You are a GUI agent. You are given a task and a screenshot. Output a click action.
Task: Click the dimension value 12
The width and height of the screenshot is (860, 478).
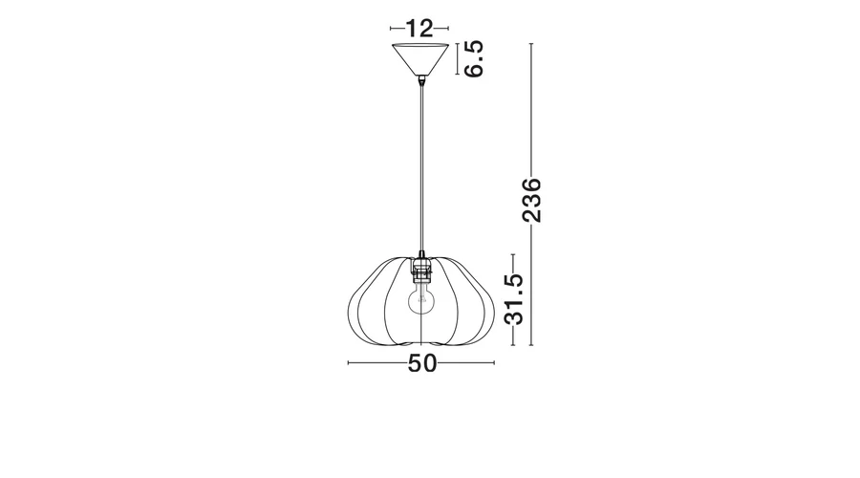pos(419,28)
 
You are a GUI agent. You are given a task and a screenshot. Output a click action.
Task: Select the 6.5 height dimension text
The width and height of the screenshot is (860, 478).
pos(474,58)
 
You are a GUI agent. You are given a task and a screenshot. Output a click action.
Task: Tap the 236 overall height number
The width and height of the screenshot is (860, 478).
pos(531,200)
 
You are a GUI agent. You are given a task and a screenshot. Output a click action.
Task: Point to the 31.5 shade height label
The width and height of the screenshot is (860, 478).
pos(514,299)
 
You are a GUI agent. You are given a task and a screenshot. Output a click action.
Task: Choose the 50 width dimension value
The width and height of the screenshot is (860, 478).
pos(422,363)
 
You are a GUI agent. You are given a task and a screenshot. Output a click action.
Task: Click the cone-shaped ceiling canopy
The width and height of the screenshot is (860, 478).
pos(420,58)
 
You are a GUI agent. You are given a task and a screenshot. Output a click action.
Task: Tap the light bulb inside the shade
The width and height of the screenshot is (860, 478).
pos(421,299)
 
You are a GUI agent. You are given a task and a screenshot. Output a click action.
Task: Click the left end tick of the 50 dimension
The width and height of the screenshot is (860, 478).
pos(348,362)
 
